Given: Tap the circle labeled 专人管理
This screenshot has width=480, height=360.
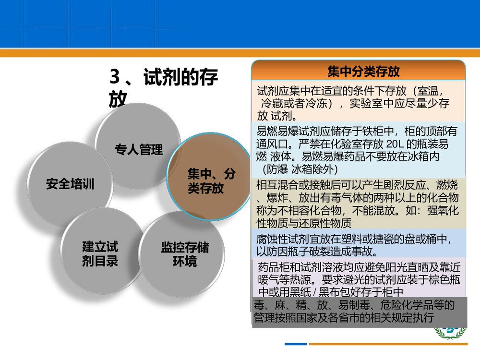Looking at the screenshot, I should pos(138,149).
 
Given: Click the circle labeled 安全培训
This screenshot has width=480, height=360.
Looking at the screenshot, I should pos(70,183).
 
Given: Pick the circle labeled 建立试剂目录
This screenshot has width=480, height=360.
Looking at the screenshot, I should pos(100,254).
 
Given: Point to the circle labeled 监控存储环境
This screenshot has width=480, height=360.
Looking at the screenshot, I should pos(184,254).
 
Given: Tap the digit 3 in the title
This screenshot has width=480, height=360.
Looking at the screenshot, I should pos(114,77).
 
